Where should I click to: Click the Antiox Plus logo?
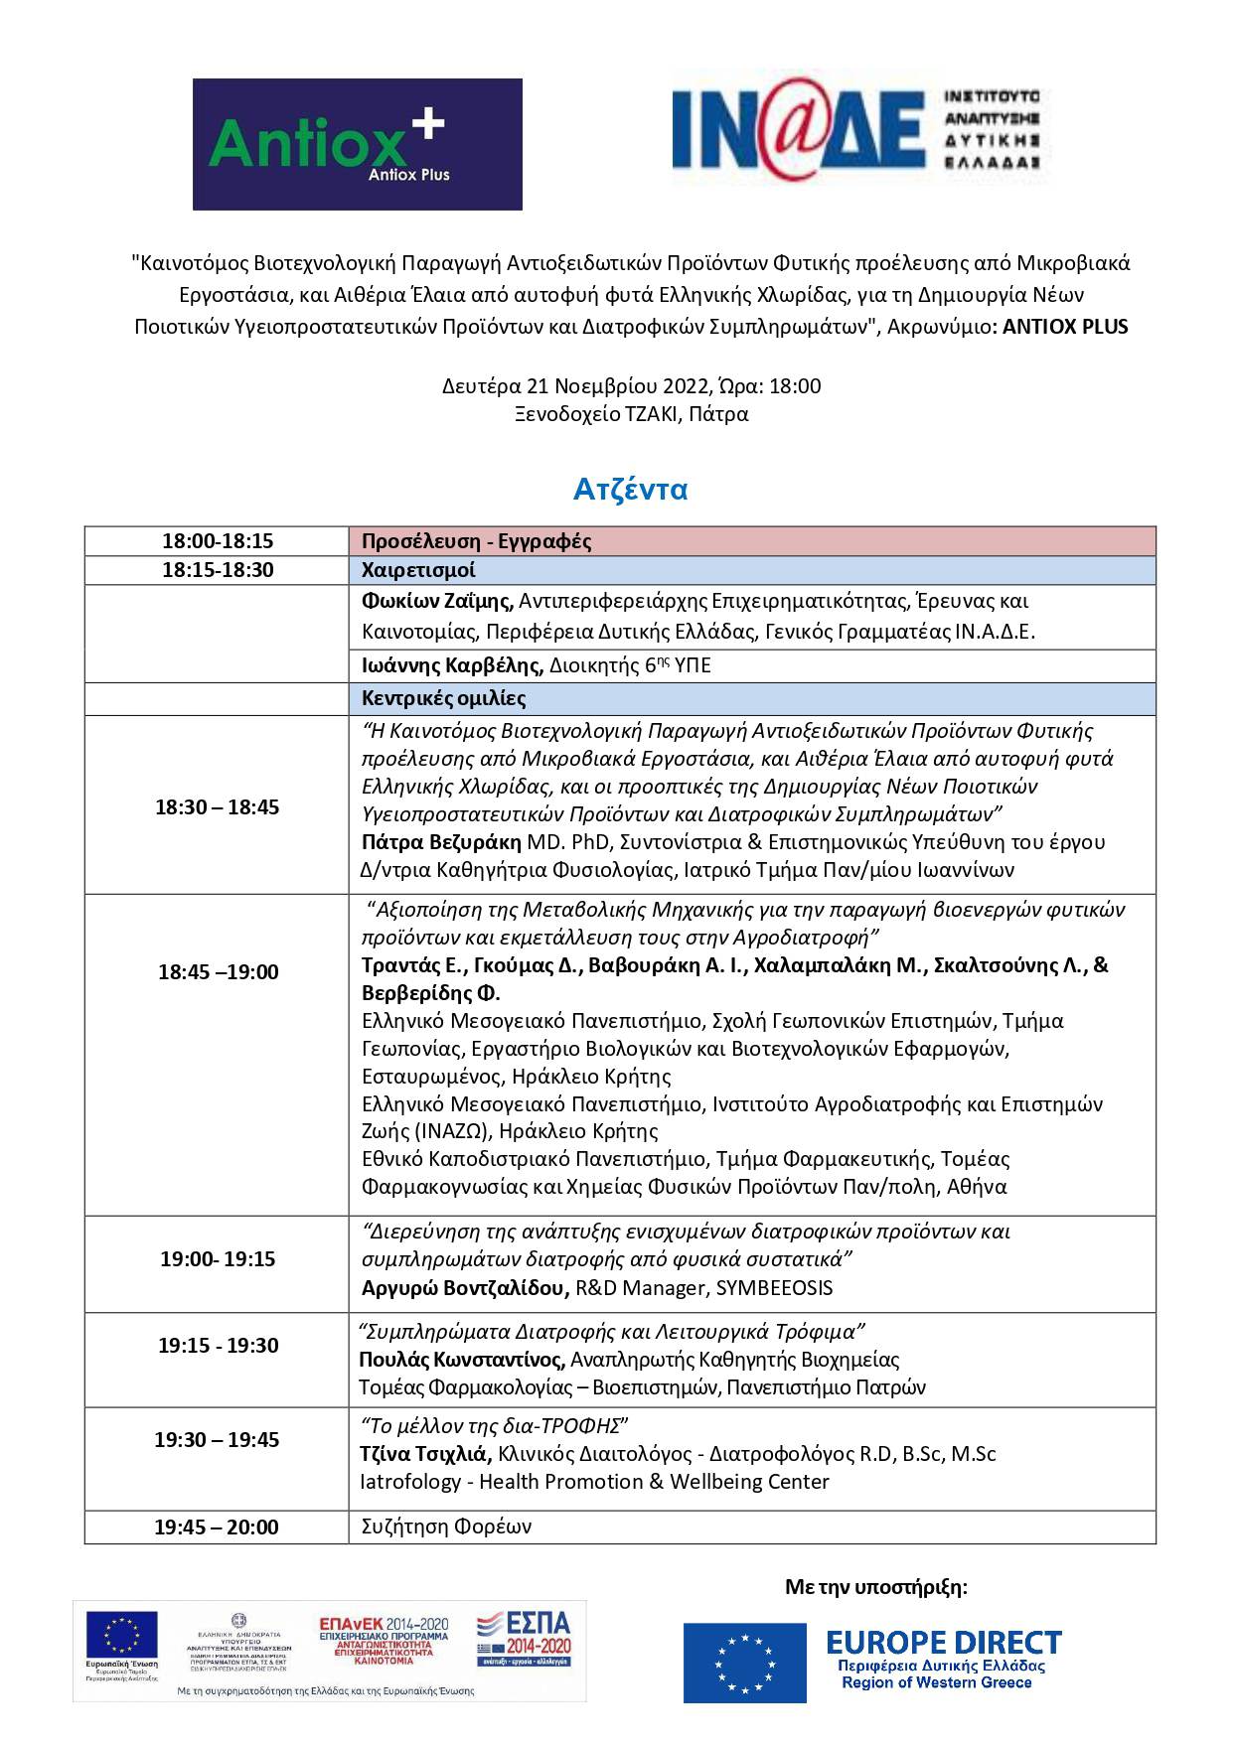tap(357, 144)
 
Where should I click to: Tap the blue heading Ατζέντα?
tap(630, 490)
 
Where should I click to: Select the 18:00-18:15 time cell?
tap(217, 541)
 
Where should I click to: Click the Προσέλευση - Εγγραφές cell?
tap(476, 541)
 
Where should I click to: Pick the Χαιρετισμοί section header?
tap(418, 570)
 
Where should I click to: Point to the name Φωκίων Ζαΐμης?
tap(437, 601)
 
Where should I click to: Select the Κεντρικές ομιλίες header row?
tap(444, 698)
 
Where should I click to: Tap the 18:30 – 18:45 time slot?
tap(217, 806)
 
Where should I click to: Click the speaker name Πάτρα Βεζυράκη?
tap(441, 842)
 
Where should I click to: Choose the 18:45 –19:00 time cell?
tap(217, 971)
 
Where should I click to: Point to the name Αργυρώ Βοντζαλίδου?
tap(465, 1288)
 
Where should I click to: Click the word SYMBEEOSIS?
tap(774, 1288)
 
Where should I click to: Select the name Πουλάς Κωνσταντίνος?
tap(462, 1360)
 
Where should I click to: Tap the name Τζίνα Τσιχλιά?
tap(425, 1454)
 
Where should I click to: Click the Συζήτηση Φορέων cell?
tap(446, 1527)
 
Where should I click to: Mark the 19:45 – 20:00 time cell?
tap(217, 1527)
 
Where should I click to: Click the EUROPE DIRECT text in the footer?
tap(943, 1642)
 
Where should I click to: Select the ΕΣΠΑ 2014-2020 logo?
tap(525, 1638)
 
